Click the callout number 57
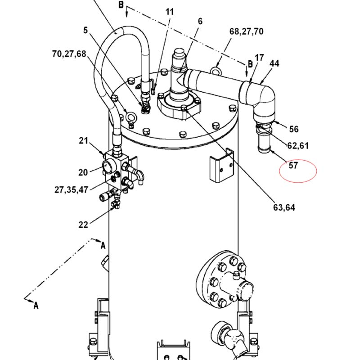pyautogui.click(x=293, y=165)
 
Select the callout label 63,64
pyautogui.click(x=284, y=207)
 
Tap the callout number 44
pyautogui.click(x=274, y=63)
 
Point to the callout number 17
pyautogui.click(x=259, y=58)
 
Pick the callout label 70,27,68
pyautogui.click(x=69, y=54)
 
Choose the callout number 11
pyautogui.click(x=169, y=12)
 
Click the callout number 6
pyautogui.click(x=200, y=21)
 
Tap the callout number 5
pyautogui.click(x=85, y=31)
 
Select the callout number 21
pyautogui.click(x=83, y=141)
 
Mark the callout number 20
pyautogui.click(x=83, y=172)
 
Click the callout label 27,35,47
pyautogui.click(x=71, y=189)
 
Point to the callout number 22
pyautogui.click(x=83, y=225)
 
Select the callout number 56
pyautogui.click(x=294, y=129)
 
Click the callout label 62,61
pyautogui.click(x=298, y=145)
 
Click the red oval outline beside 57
pyautogui.click(x=298, y=171)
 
